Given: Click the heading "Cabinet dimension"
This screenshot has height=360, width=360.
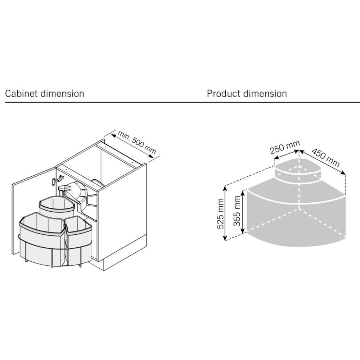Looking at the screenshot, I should coord(44,94).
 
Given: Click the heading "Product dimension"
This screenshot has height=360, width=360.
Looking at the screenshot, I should coord(247,94).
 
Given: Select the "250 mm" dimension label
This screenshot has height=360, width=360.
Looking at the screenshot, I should coord(284,148).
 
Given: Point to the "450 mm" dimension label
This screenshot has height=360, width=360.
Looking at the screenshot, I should coord(325,158).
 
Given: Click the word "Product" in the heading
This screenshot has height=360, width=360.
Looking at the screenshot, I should coord(224,94).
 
